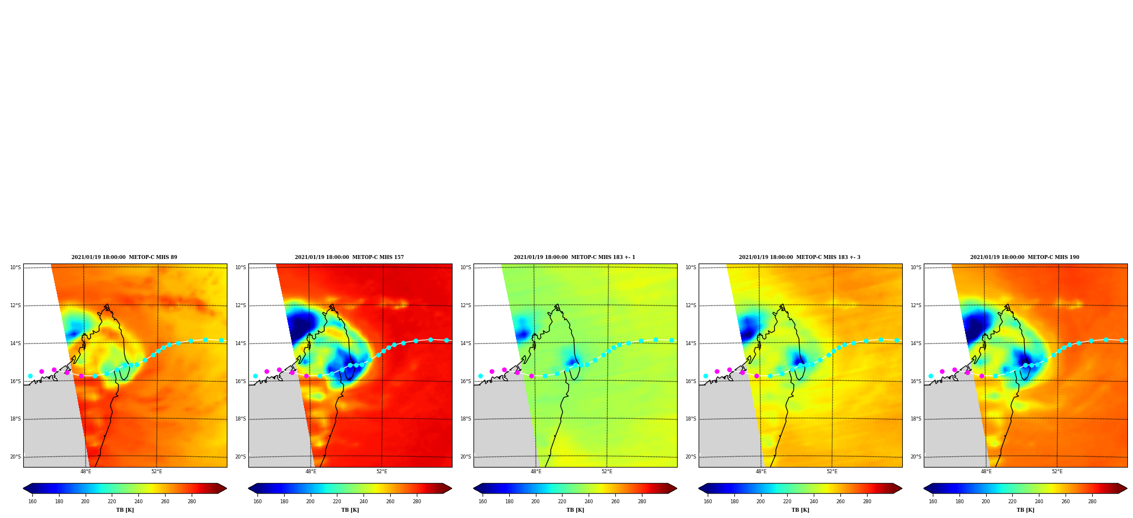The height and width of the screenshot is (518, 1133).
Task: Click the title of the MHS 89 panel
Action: pyautogui.click(x=124, y=257)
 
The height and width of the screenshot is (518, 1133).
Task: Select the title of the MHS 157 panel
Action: pyautogui.click(x=349, y=257)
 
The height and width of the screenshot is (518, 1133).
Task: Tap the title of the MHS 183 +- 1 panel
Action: pyautogui.click(x=574, y=257)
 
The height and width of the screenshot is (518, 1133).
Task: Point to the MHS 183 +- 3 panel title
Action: pyautogui.click(x=800, y=257)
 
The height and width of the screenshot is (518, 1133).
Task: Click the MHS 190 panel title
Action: pyautogui.click(x=1025, y=257)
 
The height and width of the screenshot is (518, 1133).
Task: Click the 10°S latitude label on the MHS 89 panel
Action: pyautogui.click(x=15, y=268)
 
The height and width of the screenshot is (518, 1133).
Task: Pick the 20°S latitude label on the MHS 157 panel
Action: pyautogui.click(x=240, y=457)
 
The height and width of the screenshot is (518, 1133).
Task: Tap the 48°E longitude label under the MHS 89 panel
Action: pyautogui.click(x=86, y=472)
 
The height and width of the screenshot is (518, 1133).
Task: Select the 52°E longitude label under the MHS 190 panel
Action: pyautogui.click(x=1057, y=472)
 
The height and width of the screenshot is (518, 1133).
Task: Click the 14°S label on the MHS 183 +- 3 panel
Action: pyautogui.click(x=691, y=343)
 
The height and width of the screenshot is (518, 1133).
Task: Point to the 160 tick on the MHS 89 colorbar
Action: pyautogui.click(x=32, y=502)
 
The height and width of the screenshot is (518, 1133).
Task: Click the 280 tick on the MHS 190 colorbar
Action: pyautogui.click(x=1092, y=502)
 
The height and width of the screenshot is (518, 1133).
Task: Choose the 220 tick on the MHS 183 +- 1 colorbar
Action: pyautogui.click(x=562, y=502)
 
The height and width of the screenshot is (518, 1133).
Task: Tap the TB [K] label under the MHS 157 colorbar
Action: pyautogui.click(x=350, y=510)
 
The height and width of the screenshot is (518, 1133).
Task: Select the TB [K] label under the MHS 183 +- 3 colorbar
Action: pyautogui.click(x=800, y=510)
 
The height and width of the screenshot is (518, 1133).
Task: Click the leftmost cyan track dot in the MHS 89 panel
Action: pyautogui.click(x=30, y=376)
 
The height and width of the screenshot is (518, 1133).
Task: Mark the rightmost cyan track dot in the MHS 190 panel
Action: pyautogui.click(x=1122, y=340)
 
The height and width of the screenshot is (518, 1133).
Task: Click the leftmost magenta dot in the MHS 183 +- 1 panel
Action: pyautogui.click(x=492, y=371)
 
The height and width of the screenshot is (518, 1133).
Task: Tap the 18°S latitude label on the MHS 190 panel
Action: pyautogui.click(x=916, y=419)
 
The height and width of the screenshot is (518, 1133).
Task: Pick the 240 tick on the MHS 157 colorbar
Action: pyautogui.click(x=363, y=502)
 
